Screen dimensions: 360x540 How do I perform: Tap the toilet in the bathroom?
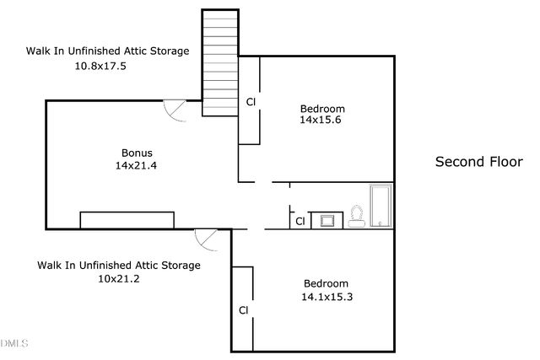tap(356, 217)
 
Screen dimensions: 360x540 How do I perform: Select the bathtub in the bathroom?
tap(381, 207)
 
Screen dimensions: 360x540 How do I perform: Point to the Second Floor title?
tap(478, 161)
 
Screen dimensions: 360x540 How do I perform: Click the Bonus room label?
tap(137, 153)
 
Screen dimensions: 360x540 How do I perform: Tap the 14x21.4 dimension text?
tap(137, 165)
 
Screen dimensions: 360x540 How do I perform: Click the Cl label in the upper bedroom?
tap(251, 102)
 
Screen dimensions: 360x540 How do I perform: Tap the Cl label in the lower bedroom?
tap(243, 310)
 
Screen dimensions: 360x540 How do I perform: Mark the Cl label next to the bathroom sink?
tap(300, 222)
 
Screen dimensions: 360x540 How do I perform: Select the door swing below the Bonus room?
tap(206, 239)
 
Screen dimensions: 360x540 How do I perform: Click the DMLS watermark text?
tap(14, 344)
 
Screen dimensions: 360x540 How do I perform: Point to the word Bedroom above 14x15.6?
tap(323, 108)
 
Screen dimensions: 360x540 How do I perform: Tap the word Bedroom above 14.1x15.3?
tap(326, 283)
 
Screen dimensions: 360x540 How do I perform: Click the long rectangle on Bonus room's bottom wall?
tap(127, 220)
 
